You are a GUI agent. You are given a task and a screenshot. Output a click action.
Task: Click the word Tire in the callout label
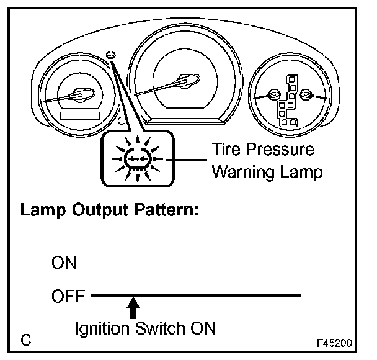228,150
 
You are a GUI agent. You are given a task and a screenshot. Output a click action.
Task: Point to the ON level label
64,263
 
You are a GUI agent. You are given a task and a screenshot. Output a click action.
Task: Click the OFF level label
68,295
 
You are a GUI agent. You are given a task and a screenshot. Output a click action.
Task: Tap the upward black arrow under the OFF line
132,308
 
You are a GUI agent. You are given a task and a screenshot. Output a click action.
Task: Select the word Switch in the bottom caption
163,328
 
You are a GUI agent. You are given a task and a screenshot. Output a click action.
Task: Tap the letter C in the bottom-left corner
26,341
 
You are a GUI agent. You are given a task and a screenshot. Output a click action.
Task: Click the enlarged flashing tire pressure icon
131,158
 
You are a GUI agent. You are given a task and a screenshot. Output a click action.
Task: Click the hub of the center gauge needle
184,80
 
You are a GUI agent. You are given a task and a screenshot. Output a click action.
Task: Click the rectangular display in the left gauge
81,115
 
